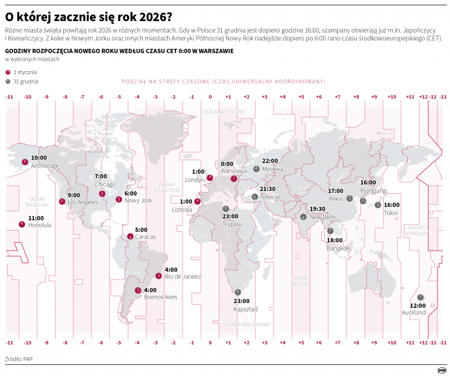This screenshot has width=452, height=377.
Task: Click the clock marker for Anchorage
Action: pos(25,161)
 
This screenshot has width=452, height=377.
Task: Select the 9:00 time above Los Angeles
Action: pos(74,195)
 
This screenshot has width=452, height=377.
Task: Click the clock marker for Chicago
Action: pos(102,193)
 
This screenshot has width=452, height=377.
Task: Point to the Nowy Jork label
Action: pos(139,200)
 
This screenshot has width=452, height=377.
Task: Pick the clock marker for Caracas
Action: pos(130,237)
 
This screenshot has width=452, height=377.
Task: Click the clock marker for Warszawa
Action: pos(234,178)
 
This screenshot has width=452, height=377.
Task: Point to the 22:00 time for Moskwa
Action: pos(269,161)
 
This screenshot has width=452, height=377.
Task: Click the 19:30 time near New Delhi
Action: pos(318,209)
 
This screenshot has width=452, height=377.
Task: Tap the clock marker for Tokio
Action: pos(378,205)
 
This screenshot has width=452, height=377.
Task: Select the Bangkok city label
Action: pos(338,248)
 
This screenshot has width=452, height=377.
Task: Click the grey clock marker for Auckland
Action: pos(421,297)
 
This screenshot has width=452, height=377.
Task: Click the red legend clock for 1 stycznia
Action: pos(8,72)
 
